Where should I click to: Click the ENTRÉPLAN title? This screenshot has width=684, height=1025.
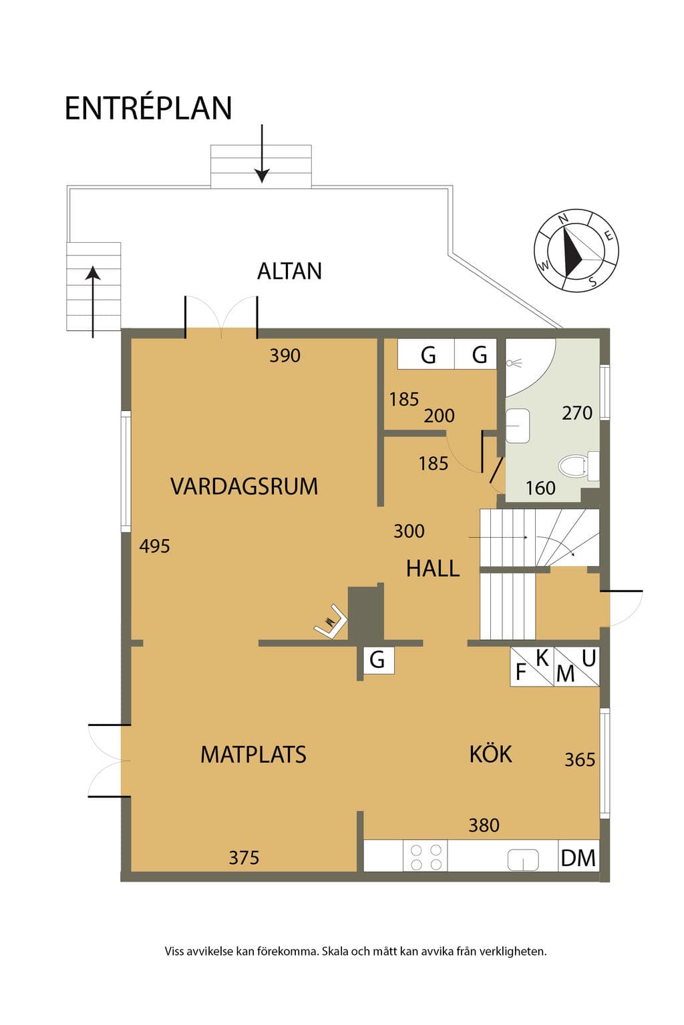click(x=148, y=109)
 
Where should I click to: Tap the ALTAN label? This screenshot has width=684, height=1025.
click(x=289, y=271)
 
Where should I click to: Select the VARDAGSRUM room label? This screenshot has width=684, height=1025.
click(x=244, y=486)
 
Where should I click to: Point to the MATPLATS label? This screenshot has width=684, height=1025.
click(x=253, y=755)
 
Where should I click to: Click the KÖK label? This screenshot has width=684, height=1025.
click(x=490, y=753)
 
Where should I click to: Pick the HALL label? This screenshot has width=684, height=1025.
click(x=433, y=569)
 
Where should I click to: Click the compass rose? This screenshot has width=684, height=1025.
click(x=576, y=250)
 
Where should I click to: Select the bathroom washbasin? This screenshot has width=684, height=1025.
click(x=518, y=426)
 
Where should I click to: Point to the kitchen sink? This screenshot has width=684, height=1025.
click(x=523, y=860)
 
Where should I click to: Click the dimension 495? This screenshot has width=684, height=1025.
click(x=154, y=547)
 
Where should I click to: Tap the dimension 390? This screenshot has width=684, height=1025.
click(x=285, y=356)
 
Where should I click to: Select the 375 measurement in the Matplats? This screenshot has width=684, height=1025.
click(x=244, y=858)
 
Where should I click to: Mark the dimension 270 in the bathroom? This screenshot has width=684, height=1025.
click(x=577, y=413)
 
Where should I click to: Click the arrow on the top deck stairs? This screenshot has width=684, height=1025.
click(x=262, y=153)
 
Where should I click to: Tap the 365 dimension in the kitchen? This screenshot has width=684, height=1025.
click(x=580, y=760)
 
